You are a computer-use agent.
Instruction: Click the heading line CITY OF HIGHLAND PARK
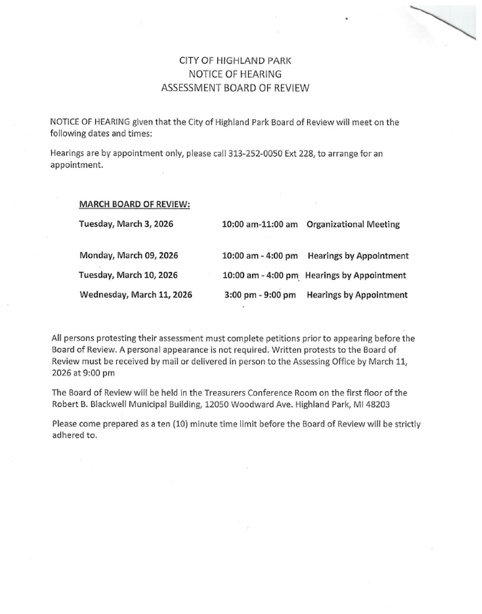pos(235,61)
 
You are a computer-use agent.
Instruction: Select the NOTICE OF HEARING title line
pos(235,74)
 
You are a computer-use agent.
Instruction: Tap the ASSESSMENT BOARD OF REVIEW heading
pos(235,88)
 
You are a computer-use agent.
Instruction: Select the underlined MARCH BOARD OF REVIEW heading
pos(134,204)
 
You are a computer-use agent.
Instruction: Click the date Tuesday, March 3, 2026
pos(126,224)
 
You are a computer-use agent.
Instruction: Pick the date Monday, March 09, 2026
pos(129,256)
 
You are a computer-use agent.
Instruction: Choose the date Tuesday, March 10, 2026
pos(128,275)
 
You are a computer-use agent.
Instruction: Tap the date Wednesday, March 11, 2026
pos(136,295)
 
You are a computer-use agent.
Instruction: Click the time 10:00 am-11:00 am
pos(260,224)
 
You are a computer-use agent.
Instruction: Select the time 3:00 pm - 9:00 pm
pos(260,295)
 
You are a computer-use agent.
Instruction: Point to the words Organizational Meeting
pos(353,224)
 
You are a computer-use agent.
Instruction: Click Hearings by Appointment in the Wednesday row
pos(357,295)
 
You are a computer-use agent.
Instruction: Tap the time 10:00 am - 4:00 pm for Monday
pos(260,256)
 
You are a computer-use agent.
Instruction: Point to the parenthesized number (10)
pos(180,424)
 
